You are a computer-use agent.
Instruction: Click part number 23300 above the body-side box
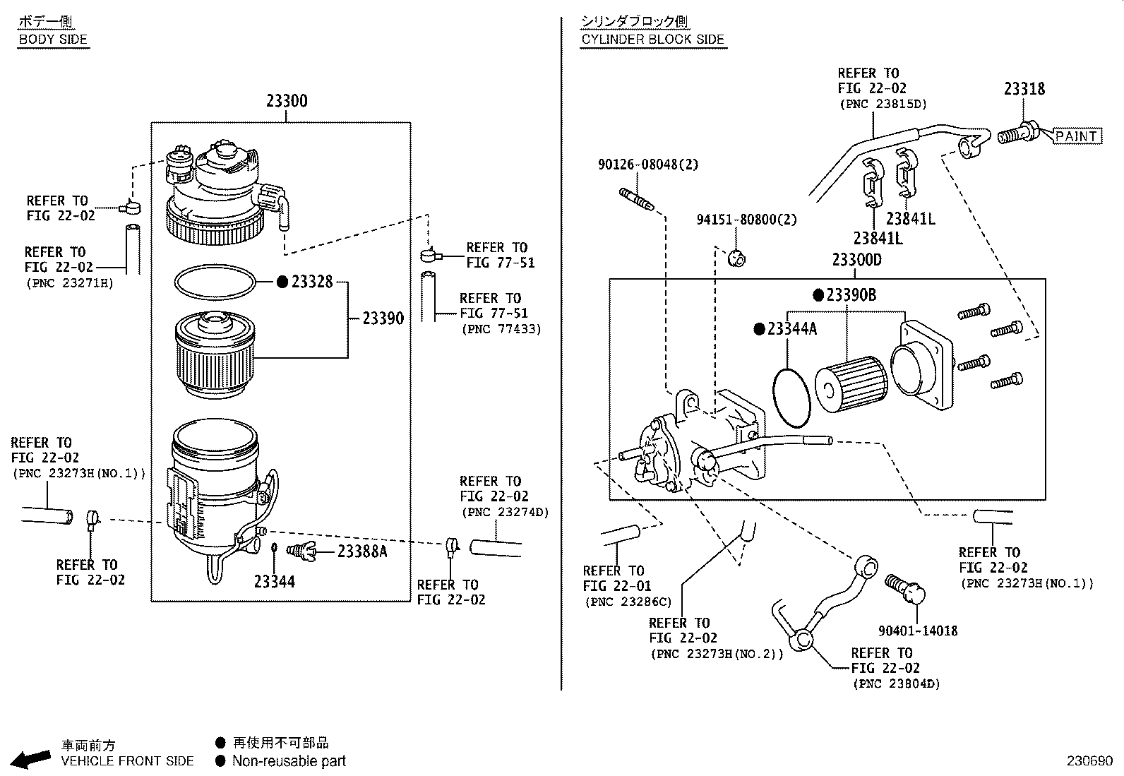coord(287,101)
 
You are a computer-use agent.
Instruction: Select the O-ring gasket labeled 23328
coord(215,282)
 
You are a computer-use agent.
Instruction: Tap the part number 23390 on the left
coord(383,318)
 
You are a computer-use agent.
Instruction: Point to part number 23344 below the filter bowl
coord(275,582)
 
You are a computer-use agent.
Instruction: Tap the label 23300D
coord(856,260)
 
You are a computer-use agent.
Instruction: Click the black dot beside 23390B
coord(818,295)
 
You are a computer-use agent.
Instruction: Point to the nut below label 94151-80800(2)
coord(736,258)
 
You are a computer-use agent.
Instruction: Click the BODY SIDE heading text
coord(53,40)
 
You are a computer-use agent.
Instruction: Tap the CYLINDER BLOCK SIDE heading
coord(653,40)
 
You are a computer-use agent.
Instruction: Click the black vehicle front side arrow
coord(32,759)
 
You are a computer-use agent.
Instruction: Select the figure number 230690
coord(1089,761)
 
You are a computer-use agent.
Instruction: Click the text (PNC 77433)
coord(501,329)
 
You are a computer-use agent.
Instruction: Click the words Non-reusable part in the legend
coord(289,761)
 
